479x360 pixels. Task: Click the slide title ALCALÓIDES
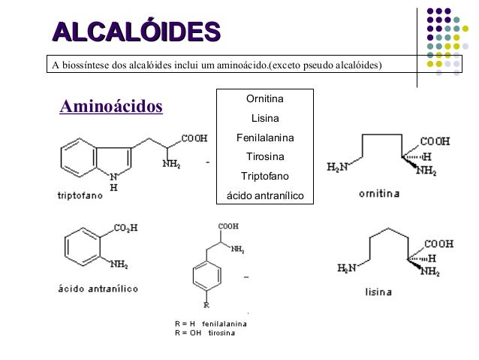(x=136, y=32)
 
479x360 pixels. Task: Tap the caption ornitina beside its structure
(x=379, y=193)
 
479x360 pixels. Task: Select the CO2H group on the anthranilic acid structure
(x=125, y=228)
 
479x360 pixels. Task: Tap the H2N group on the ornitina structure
(x=338, y=167)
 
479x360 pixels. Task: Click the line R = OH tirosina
(x=204, y=333)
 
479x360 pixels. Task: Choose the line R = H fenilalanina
(x=210, y=324)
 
